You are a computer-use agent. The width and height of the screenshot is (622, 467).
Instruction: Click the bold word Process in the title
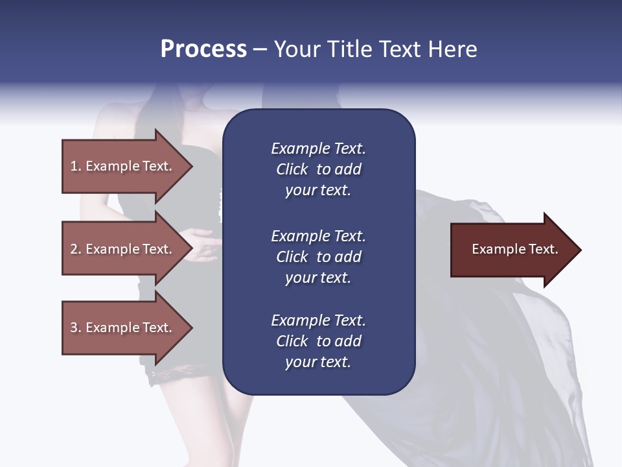(203, 49)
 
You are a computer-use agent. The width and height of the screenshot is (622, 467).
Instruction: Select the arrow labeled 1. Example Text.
(123, 166)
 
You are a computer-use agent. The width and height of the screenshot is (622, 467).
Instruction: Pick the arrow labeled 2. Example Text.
(123, 249)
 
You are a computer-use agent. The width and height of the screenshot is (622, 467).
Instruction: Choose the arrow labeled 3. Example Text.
(123, 328)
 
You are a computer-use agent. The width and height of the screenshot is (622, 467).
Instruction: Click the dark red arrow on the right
(512, 250)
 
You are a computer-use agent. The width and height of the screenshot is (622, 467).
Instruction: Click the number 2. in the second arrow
(75, 249)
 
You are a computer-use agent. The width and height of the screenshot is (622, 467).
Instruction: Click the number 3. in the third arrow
(75, 328)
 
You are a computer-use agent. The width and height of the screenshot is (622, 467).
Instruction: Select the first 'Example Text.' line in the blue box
(318, 149)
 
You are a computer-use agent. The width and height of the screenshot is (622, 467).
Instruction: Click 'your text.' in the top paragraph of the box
(318, 191)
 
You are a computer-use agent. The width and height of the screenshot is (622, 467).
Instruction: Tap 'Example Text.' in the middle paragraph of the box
(318, 236)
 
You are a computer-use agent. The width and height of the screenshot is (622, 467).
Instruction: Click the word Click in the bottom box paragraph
(292, 341)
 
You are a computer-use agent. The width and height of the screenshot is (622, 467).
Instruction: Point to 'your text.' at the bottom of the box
(318, 363)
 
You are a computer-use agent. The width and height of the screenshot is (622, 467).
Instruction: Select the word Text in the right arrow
(543, 249)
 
